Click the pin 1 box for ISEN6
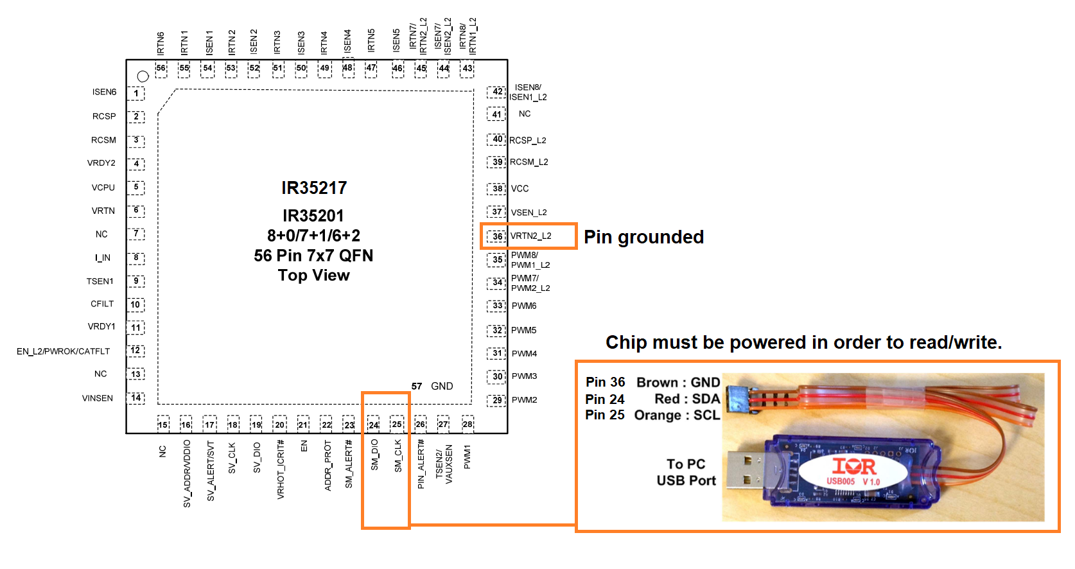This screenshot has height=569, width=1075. [136, 94]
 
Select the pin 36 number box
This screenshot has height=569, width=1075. [496, 236]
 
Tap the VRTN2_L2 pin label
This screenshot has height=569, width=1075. [531, 236]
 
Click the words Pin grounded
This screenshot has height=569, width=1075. [643, 237]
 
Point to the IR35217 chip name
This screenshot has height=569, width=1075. [314, 188]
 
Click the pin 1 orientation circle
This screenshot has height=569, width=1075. [143, 76]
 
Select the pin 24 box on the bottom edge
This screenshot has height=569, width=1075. [373, 425]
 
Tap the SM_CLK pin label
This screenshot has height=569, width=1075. [398, 456]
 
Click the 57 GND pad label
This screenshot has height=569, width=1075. [432, 386]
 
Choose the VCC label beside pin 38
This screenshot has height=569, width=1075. [520, 189]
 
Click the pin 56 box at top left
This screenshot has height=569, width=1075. [161, 68]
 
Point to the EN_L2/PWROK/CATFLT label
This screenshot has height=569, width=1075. [63, 351]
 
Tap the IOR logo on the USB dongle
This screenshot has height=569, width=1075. [854, 467]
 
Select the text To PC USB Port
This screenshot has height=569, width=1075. [686, 472]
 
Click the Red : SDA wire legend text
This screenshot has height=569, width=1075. [687, 399]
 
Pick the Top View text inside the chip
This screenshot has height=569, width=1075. [314, 276]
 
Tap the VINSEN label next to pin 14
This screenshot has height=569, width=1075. [98, 398]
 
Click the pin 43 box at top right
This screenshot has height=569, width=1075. [468, 68]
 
